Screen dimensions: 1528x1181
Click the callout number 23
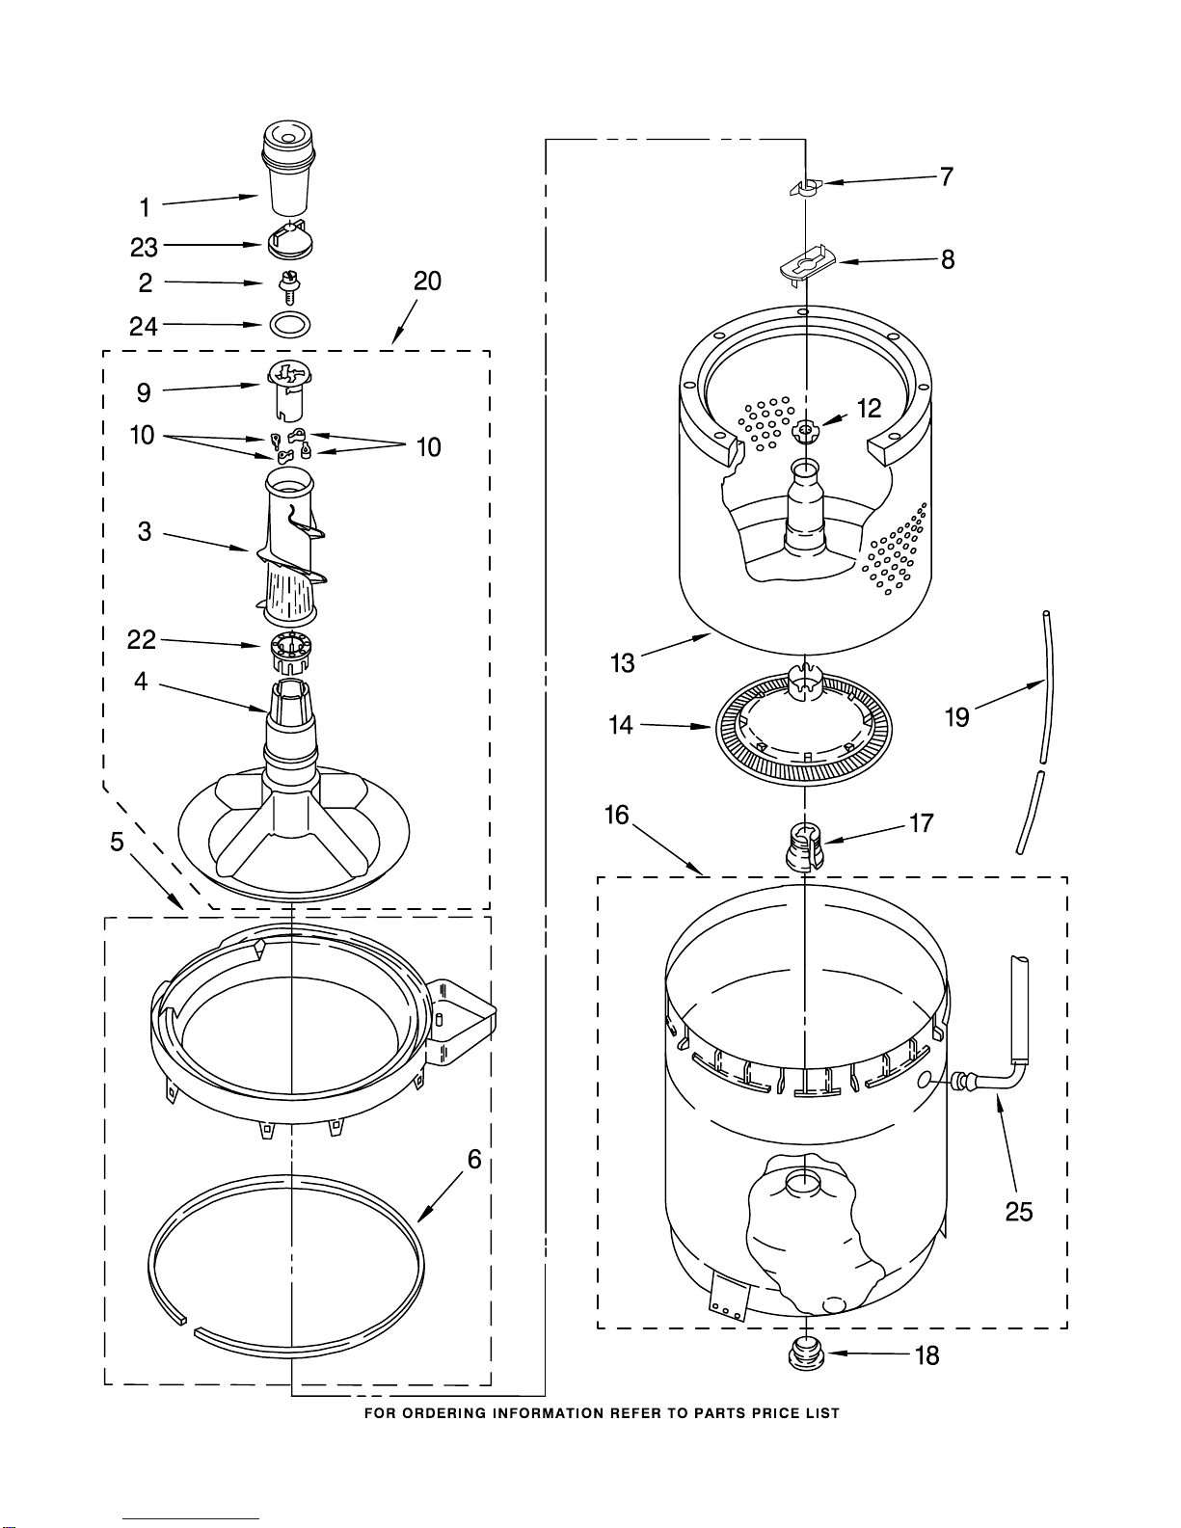(x=144, y=248)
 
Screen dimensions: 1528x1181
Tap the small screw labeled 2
(x=286, y=285)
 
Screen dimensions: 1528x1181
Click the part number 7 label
(x=947, y=176)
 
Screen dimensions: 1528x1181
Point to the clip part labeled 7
(x=805, y=186)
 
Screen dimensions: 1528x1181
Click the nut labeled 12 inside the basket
(x=804, y=429)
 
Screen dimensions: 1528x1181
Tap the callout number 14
(x=621, y=725)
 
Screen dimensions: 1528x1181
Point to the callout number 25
(x=1019, y=1212)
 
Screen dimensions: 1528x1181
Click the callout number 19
(x=956, y=717)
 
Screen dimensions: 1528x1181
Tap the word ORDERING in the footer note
(x=445, y=1413)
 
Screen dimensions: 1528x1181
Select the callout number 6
(x=474, y=1159)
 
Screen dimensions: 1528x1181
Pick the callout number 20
(x=427, y=281)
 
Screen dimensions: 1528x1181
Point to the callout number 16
(x=616, y=816)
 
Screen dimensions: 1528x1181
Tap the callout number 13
(x=623, y=663)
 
